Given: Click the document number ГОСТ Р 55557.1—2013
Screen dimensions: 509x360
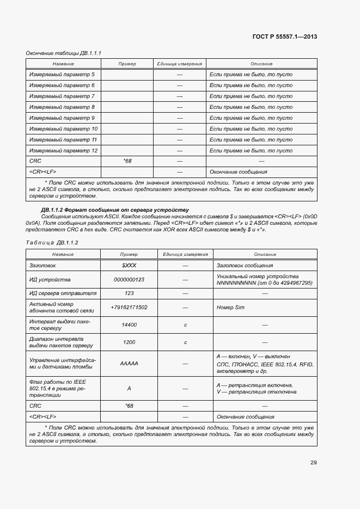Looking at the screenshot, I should coord(285,37).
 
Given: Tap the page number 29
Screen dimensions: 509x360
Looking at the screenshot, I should coord(313,463).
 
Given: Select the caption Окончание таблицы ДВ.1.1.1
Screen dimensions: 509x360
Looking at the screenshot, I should coord(64,53).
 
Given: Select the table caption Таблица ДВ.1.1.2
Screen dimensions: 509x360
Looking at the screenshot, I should coord(52,242).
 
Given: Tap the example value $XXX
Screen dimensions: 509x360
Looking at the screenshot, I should coord(129,265).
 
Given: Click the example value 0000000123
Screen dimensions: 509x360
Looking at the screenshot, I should coord(129,279).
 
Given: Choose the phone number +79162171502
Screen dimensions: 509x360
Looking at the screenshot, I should coord(129,308).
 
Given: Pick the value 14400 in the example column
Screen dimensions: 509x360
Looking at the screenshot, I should coord(129,324).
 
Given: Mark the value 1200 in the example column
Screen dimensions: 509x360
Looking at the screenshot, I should coord(129,342).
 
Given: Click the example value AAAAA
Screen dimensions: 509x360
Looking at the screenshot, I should coord(129,363).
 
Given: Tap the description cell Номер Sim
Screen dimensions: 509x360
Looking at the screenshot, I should coord(230,308).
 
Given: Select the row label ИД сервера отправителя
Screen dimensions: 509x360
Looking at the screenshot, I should coord(63,293).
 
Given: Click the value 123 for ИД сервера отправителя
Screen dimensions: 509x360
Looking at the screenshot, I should coord(129,293).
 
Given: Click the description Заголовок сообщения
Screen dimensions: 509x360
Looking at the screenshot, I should coord(245,265).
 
